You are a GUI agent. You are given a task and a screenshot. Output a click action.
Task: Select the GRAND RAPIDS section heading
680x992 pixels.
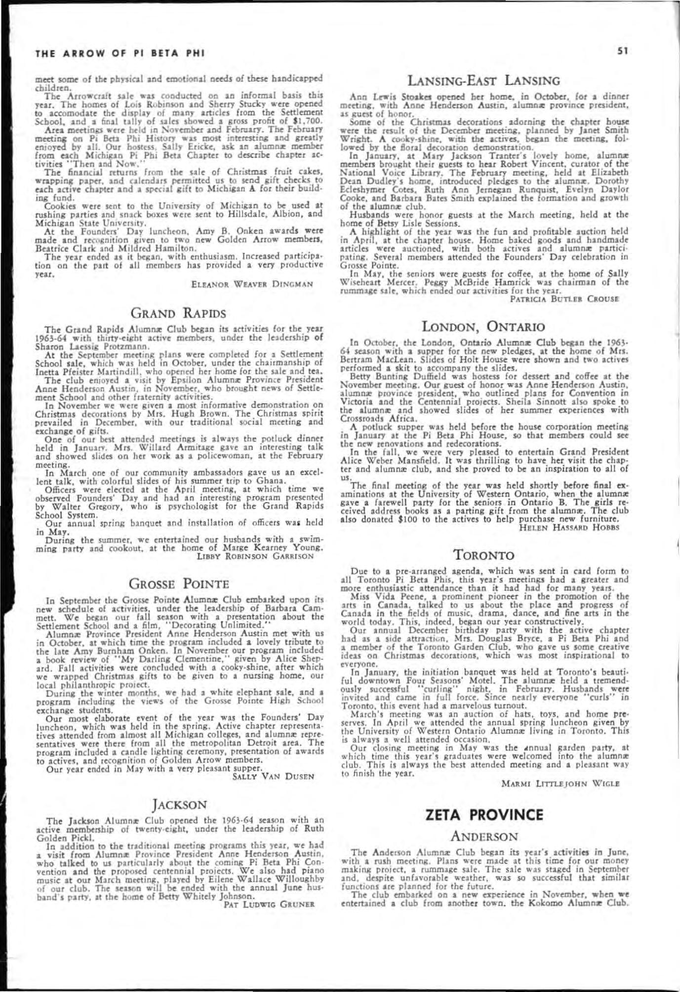[x=178, y=313]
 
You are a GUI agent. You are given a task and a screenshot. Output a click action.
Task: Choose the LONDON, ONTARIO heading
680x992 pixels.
[x=484, y=327]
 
